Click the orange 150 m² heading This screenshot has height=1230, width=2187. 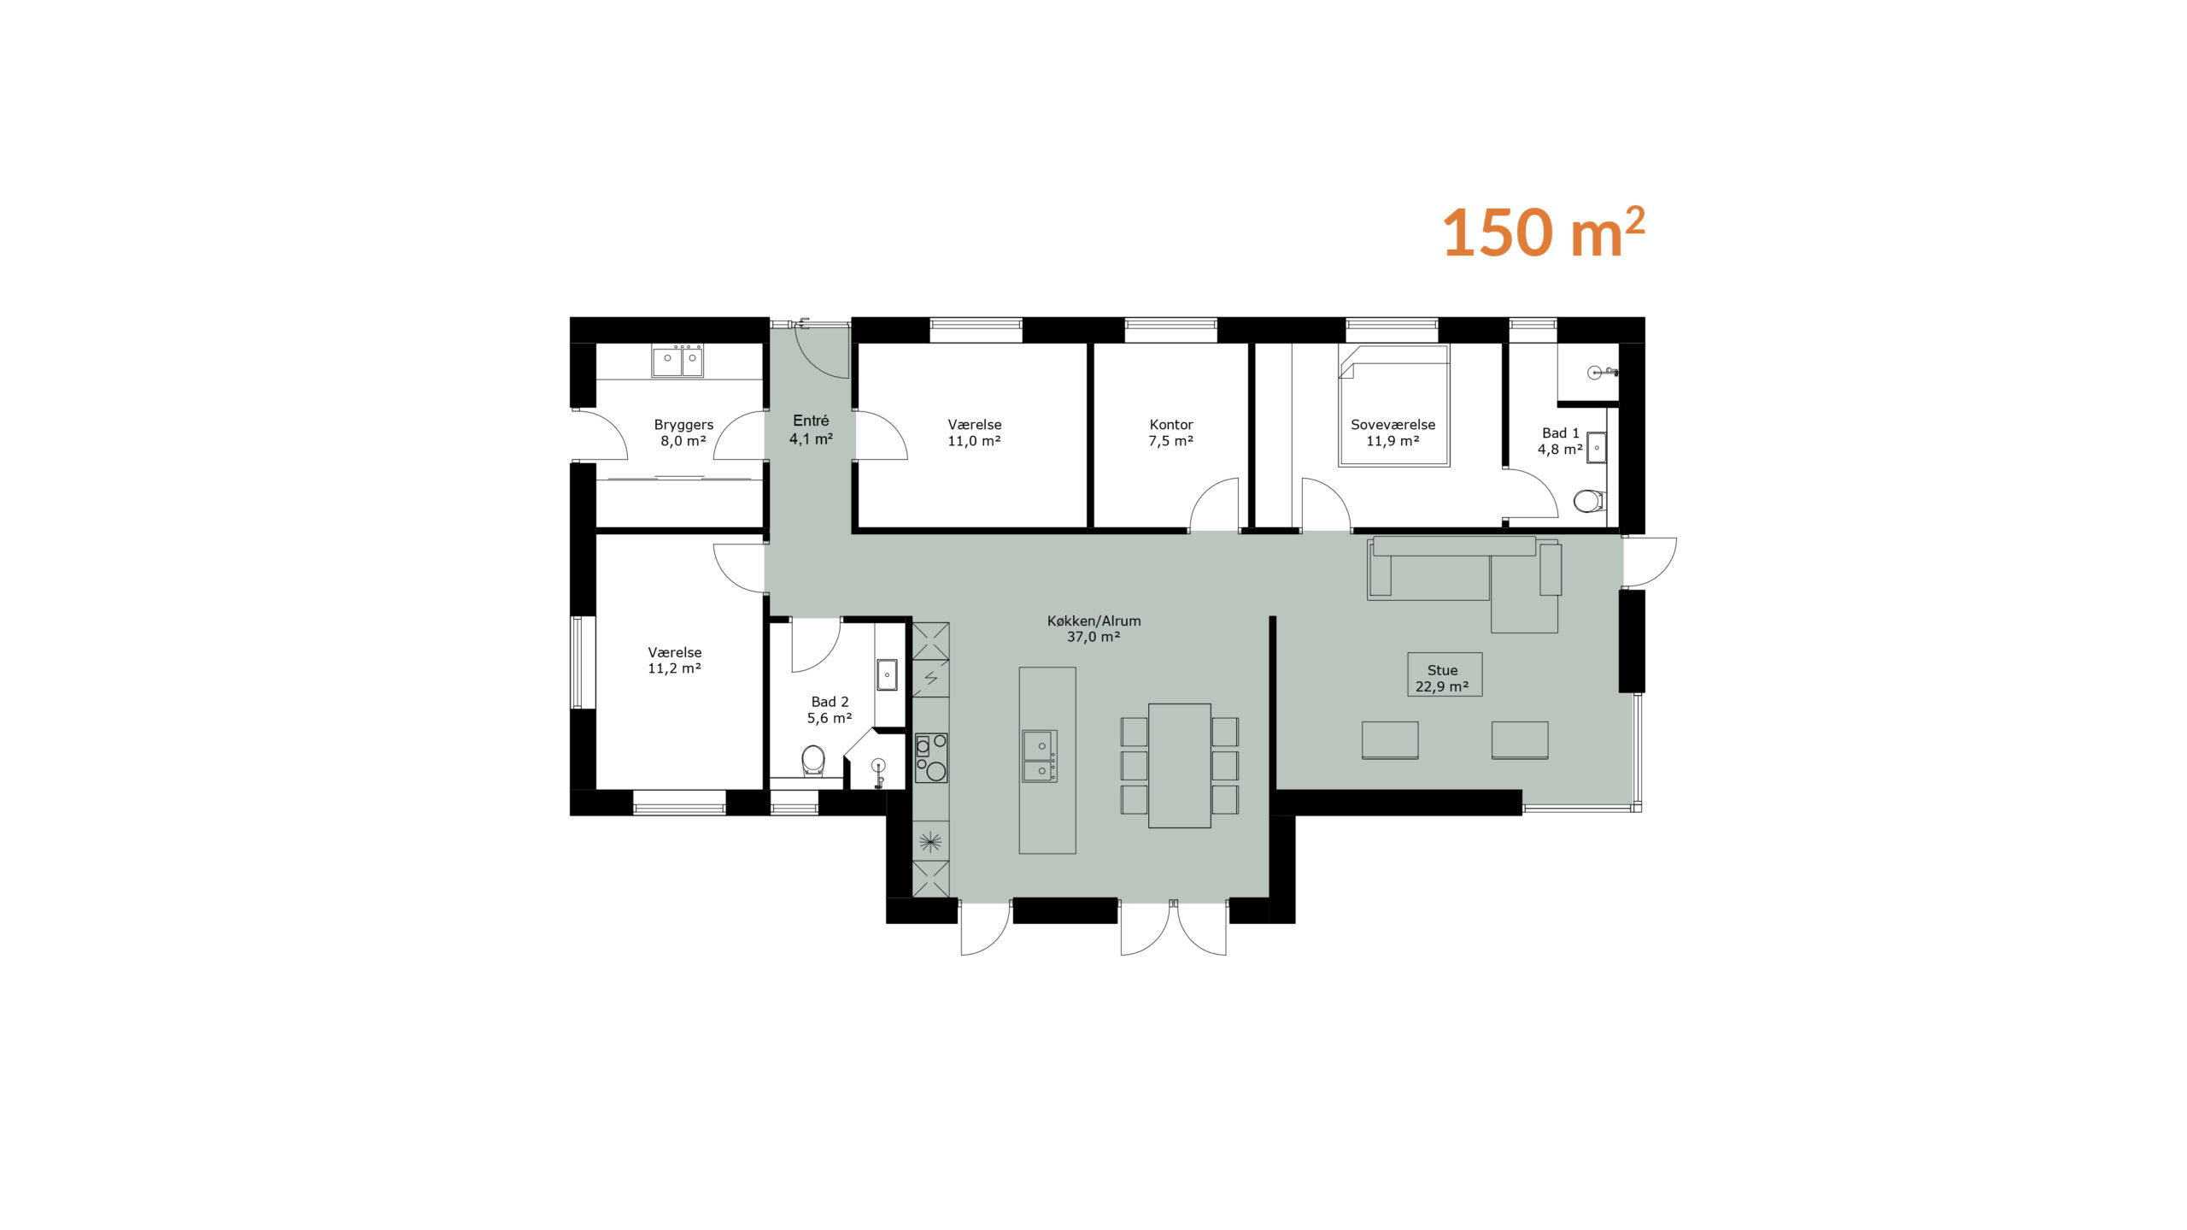pyautogui.click(x=1543, y=232)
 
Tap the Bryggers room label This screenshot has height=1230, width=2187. pyautogui.click(x=683, y=433)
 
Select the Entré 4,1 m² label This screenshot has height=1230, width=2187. pyautogui.click(x=811, y=429)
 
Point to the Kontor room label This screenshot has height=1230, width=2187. pyautogui.click(x=1170, y=433)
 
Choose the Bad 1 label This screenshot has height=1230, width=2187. pyautogui.click(x=1560, y=441)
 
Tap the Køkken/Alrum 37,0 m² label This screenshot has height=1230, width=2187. pyautogui.click(x=1093, y=628)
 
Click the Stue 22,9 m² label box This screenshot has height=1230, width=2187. pyautogui.click(x=1444, y=674)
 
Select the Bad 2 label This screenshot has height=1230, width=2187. pyautogui.click(x=830, y=709)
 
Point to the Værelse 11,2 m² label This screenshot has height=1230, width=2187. pyautogui.click(x=674, y=660)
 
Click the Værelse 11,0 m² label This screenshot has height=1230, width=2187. pyautogui.click(x=974, y=433)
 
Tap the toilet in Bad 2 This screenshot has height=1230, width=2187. pyautogui.click(x=813, y=761)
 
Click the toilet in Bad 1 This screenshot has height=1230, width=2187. pyautogui.click(x=1589, y=500)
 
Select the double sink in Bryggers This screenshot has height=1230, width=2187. pyautogui.click(x=677, y=360)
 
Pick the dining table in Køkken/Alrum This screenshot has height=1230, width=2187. pyautogui.click(x=1180, y=765)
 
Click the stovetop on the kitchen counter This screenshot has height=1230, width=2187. pyautogui.click(x=931, y=757)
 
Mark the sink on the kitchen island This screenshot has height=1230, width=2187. pyautogui.click(x=1041, y=756)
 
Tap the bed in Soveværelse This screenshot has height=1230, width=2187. pyautogui.click(x=1393, y=405)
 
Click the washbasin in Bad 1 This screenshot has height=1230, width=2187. pyautogui.click(x=1597, y=447)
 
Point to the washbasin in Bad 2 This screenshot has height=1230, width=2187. pyautogui.click(x=887, y=674)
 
